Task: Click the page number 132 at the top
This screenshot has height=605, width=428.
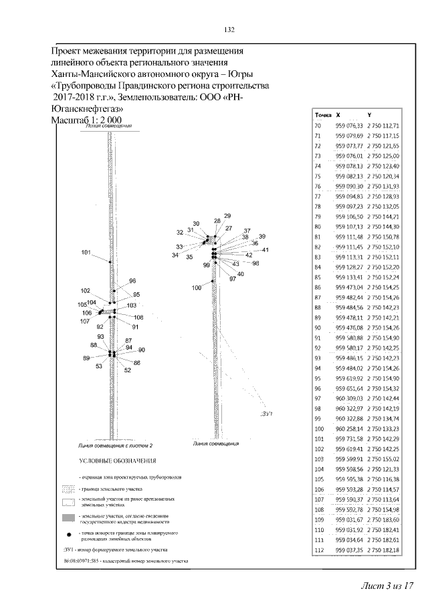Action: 228,30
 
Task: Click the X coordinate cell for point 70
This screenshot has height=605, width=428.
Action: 348,126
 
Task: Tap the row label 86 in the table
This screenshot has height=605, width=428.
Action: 318,287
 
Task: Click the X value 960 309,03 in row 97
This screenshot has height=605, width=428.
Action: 348,398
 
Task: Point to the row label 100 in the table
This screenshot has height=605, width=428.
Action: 319,429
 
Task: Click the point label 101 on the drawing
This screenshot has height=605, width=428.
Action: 86,252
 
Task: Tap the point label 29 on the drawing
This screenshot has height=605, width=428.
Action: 227,215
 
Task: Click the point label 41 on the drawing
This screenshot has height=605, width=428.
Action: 265,250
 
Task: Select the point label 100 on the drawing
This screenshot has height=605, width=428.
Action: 196,288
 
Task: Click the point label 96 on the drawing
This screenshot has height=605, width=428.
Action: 132,281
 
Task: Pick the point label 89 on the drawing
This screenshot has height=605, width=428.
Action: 86,358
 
